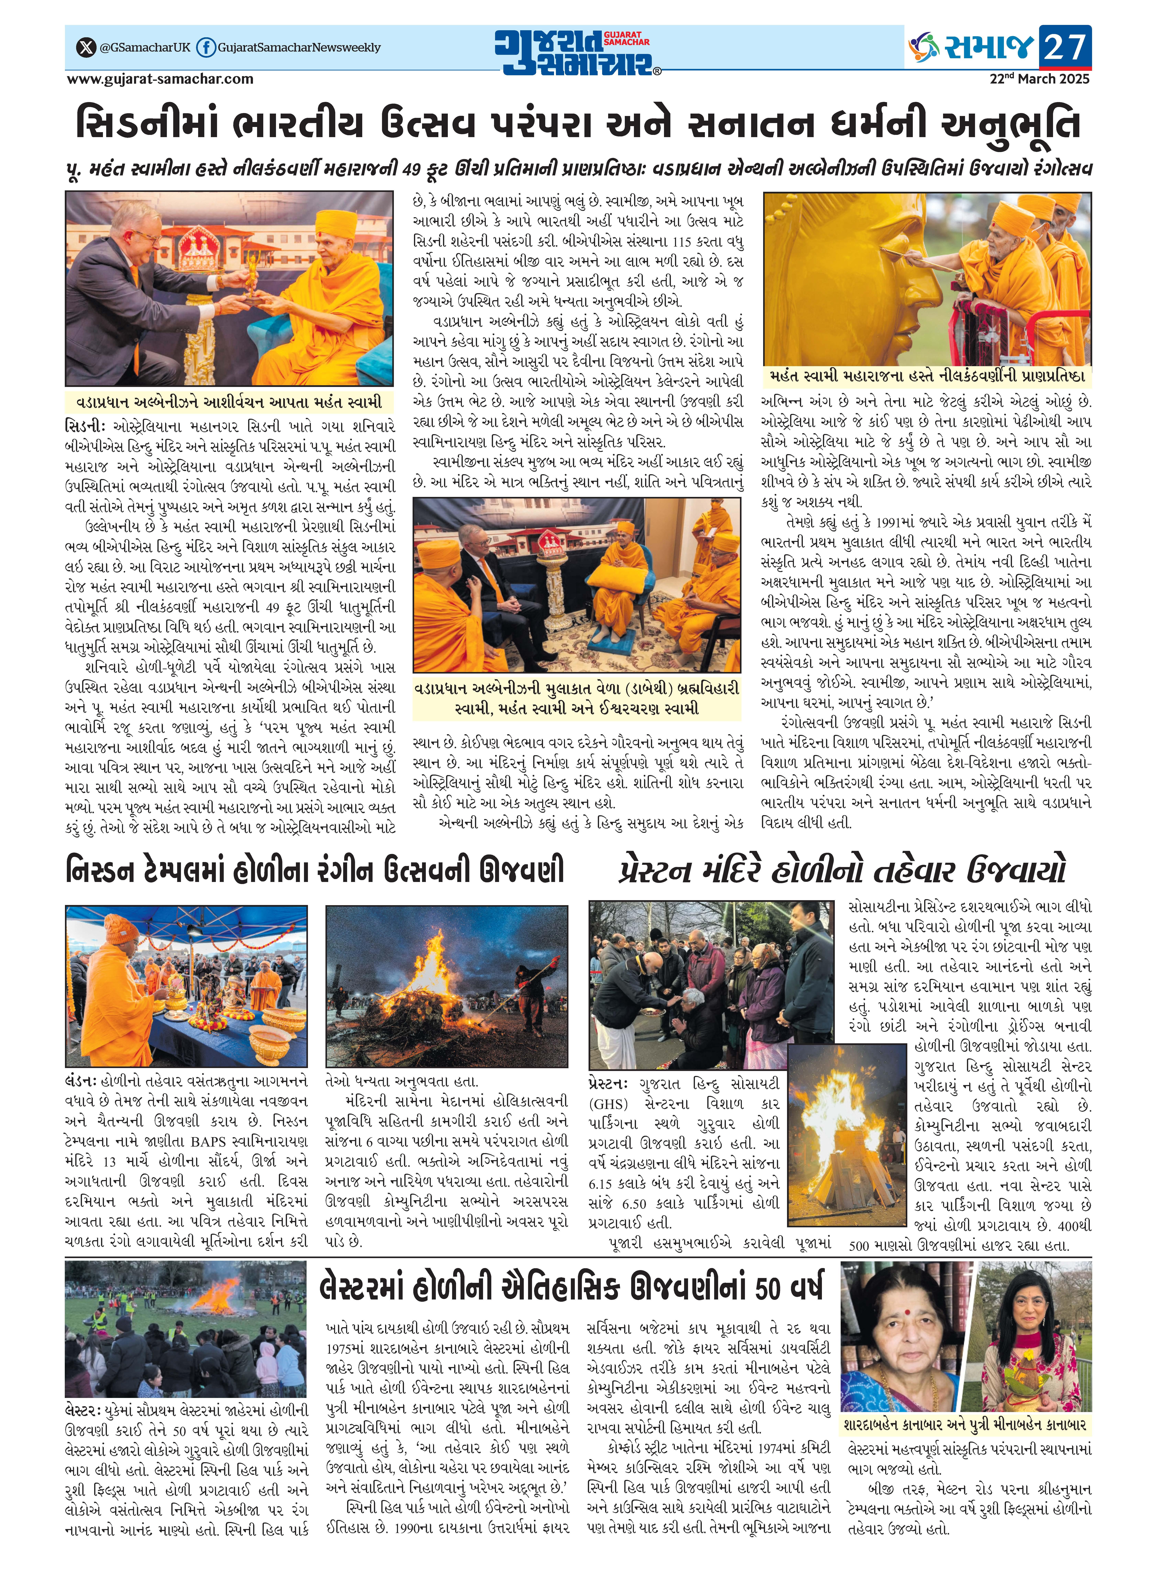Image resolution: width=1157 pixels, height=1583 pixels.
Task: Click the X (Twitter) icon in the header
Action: click(85, 48)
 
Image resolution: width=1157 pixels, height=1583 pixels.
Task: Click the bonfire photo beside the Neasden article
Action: click(447, 986)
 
